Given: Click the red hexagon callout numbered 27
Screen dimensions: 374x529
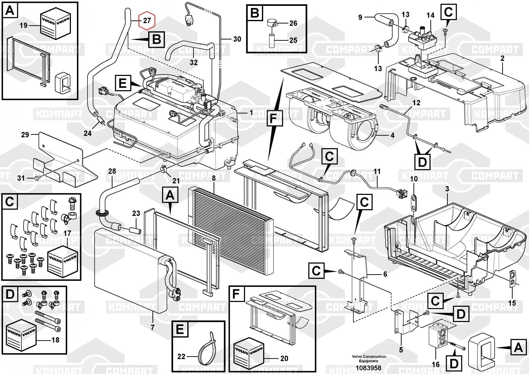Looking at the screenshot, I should (x=147, y=20).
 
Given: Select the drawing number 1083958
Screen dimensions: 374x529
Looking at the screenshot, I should (x=368, y=368).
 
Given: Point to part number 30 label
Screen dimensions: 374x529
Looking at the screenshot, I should (x=237, y=39).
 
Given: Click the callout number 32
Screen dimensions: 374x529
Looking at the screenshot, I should (x=194, y=63).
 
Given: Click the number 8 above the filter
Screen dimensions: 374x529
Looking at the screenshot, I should (x=214, y=178).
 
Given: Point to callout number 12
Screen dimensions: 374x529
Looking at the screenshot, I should (x=416, y=103).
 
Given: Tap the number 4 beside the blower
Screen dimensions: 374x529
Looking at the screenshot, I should (x=392, y=135).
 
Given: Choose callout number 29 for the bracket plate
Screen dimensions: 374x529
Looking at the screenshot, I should (x=25, y=135).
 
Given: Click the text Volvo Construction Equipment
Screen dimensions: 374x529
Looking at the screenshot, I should (x=369, y=359).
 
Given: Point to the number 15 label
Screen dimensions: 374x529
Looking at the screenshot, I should (x=512, y=303).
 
